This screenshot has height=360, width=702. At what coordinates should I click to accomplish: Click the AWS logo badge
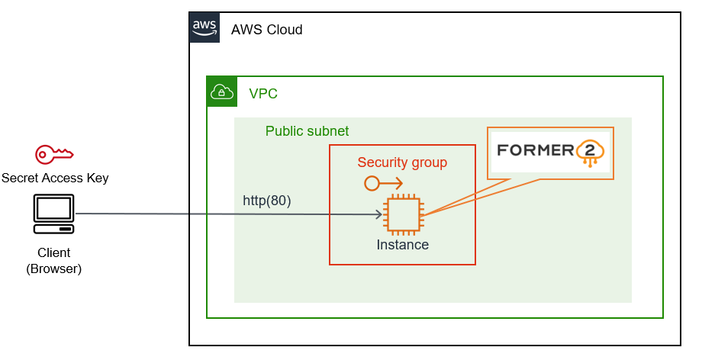coord(204,27)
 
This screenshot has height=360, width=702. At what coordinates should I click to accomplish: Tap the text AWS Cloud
coord(266,30)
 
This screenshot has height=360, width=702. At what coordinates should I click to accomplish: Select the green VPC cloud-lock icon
coord(222,92)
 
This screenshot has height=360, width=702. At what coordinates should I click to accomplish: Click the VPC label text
coord(263,94)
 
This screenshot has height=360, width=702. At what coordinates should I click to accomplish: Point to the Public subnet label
coord(307,131)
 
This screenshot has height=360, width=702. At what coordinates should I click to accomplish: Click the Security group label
coord(402,162)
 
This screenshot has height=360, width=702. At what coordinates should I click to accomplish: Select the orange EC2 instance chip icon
coord(402,214)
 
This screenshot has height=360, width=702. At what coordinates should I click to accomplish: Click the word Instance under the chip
coord(402,245)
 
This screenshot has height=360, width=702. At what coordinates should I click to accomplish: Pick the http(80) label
coord(267,201)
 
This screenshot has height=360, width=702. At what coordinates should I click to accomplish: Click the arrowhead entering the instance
coord(378,214)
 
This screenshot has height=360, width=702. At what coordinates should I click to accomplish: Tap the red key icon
coord(54,155)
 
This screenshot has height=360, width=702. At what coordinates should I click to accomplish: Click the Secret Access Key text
coord(55,178)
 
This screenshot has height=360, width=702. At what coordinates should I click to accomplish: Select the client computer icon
coord(54,214)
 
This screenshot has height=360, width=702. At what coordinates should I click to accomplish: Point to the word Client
coord(53,252)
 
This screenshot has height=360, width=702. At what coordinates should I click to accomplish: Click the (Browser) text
coord(53,268)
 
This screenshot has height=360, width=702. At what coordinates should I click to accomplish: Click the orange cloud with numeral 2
coord(590,153)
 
